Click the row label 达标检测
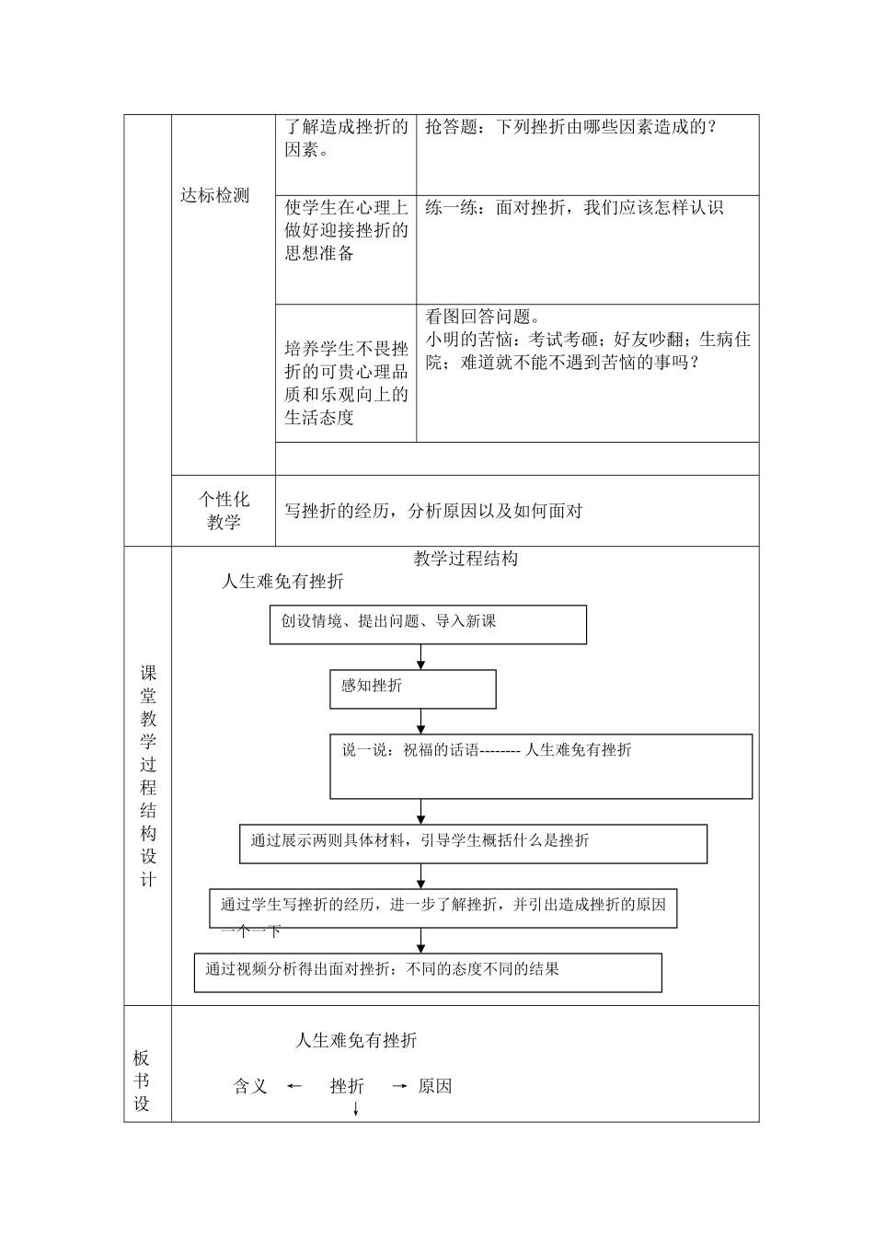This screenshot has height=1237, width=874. coord(214,195)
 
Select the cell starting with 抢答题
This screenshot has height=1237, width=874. coord(570,128)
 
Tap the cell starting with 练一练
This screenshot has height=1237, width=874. coord(574,208)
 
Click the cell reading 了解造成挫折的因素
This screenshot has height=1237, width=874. coord(346,139)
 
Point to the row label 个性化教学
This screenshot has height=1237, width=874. coord(224,511)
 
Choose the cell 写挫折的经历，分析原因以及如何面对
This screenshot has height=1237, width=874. coord(433,512)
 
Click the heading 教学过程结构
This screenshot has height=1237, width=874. coord(466,559)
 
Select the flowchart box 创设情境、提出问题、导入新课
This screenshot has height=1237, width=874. coord(428,624)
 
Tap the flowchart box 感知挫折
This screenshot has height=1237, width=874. coord(412,688)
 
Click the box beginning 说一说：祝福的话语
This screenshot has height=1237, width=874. coord(541,766)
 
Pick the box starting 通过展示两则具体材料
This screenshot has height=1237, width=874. coord(473,843)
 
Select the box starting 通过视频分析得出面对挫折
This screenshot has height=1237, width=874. coord(428,972)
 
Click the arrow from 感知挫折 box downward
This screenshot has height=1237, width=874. coord(421,721)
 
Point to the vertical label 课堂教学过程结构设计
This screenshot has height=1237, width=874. coord(148,776)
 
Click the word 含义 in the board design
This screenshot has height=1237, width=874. coord(250,1086)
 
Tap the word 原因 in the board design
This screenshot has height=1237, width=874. coord(435,1086)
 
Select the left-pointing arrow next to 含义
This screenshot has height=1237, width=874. coord(294,1086)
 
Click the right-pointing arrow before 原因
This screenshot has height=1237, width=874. coord(399,1086)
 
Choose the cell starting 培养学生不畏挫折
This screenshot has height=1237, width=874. coord(346,384)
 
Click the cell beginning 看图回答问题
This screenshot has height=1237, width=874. coord(587,340)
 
